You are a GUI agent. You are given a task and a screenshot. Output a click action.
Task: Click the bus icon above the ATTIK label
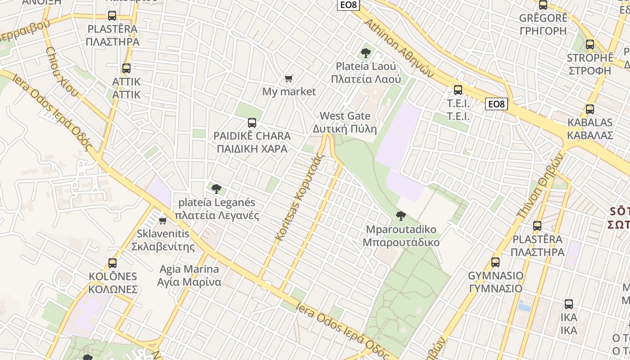(126, 68)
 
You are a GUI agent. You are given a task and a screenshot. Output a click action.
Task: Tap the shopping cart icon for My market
(289, 79)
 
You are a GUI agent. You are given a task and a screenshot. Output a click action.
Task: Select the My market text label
(289, 92)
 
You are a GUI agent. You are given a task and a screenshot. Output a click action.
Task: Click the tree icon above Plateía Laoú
(366, 53)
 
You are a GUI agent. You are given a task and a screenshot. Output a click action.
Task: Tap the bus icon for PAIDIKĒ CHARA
(252, 122)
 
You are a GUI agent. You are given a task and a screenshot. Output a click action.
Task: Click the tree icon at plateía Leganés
(216, 189)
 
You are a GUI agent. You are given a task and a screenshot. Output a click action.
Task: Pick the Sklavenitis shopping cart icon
(163, 220)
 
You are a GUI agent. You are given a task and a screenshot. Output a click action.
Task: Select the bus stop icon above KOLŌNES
(112, 263)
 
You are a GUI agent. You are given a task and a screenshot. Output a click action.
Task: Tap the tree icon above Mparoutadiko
(400, 216)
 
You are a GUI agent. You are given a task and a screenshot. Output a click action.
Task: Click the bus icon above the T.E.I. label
(458, 90)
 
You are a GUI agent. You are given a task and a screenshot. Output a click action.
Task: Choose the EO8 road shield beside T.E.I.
(497, 104)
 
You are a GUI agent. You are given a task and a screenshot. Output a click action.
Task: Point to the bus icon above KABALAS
(589, 109)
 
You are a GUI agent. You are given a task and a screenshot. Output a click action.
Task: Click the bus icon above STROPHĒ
(590, 45)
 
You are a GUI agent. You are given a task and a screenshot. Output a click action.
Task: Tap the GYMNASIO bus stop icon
(495, 262)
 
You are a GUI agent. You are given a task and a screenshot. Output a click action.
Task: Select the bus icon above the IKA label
(569, 304)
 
